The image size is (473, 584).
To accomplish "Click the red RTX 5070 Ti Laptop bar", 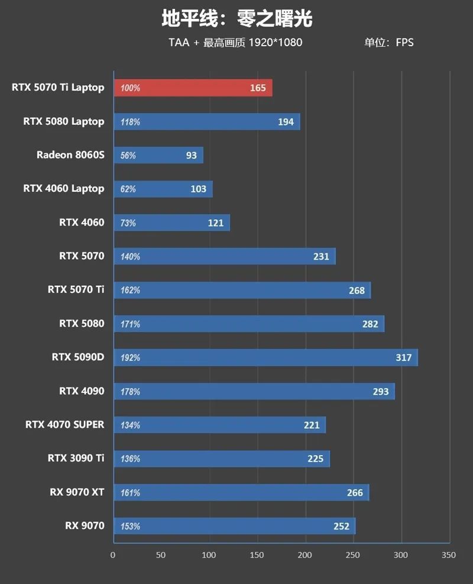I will [x=193, y=88].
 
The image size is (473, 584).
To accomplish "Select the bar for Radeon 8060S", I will [x=158, y=155].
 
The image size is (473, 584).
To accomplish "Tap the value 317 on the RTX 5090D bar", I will [x=403, y=357].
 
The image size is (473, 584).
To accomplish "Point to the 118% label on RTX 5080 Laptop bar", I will [x=130, y=122].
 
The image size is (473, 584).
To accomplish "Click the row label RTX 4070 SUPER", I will [x=65, y=424].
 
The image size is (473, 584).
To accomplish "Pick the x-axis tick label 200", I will [x=304, y=556].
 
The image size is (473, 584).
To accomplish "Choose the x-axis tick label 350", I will [x=449, y=556].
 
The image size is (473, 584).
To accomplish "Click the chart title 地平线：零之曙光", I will [x=237, y=19].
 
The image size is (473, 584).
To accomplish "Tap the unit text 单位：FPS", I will [x=388, y=43].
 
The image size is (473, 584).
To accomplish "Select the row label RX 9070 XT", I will [x=77, y=492].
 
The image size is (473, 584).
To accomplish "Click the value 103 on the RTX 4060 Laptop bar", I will [x=199, y=189].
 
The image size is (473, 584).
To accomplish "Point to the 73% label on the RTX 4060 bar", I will [x=128, y=223].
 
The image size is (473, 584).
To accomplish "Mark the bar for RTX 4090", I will [x=254, y=391].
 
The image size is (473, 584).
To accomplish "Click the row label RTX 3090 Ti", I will [x=76, y=458].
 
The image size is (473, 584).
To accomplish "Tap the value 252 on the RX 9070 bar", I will [x=341, y=526].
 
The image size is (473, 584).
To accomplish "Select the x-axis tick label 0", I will [x=113, y=556].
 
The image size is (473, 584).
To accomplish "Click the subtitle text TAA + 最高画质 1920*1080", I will [x=235, y=43].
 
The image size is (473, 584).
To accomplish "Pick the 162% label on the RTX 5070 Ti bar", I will [x=130, y=291].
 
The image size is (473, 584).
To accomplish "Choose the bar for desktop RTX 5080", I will [x=248, y=324].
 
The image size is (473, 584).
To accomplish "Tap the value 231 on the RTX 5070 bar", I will [x=321, y=257].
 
